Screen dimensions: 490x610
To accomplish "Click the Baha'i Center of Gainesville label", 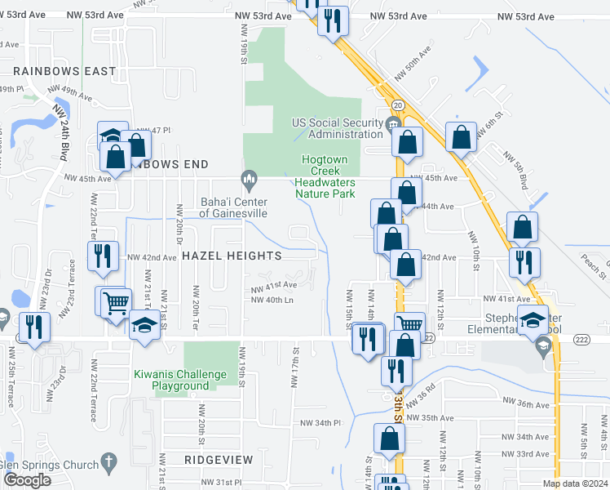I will tap(234, 207).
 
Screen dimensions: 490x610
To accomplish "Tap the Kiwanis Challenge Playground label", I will tap(180, 380).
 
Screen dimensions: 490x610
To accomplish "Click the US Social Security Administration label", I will tap(338, 128).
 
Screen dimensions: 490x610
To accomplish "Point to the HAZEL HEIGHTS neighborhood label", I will tap(232, 256).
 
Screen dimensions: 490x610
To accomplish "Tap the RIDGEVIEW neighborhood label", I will tap(219, 460).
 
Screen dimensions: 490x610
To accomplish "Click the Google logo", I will tap(27, 480).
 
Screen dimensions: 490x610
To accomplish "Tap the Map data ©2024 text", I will tap(574, 483).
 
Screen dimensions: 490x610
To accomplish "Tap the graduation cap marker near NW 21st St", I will tap(144, 324).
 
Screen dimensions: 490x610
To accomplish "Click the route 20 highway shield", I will tap(397, 106).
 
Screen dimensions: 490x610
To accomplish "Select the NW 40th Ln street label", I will tap(272, 300).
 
